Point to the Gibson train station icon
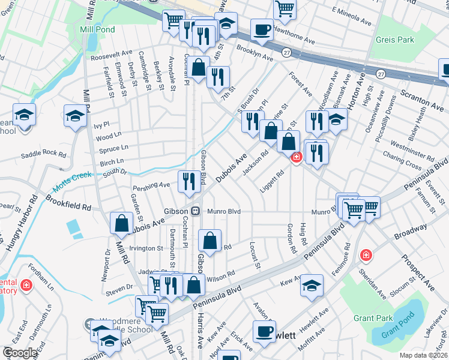click(x=196, y=211)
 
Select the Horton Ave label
click(x=359, y=91)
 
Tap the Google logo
click(x=20, y=353)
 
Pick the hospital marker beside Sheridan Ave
click(x=365, y=256)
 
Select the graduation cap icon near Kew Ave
click(x=312, y=285)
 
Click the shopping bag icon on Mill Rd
click(x=121, y=223)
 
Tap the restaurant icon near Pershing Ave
click(x=189, y=181)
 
